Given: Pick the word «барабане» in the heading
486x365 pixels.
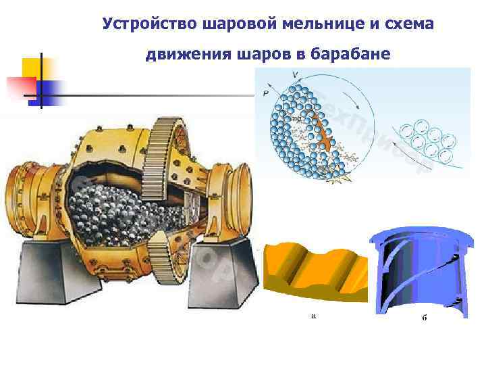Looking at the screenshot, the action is pyautogui.click(x=353, y=53).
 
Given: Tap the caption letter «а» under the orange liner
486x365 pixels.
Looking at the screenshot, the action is pyautogui.click(x=313, y=315).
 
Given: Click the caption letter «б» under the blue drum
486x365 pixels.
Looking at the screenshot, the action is pyautogui.click(x=424, y=318).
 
